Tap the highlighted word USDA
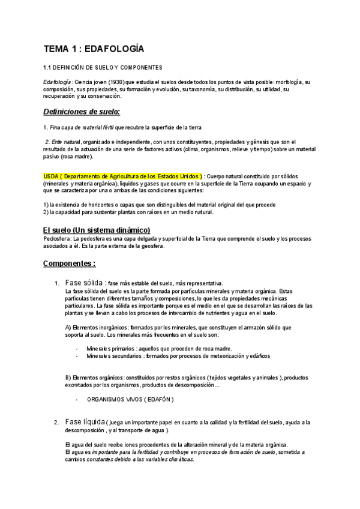click(51, 175)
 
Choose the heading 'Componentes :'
click(69, 263)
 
